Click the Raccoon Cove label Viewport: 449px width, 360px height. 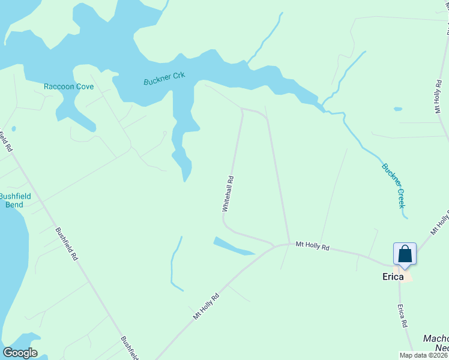tap(68, 86)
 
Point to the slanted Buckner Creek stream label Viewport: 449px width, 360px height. tap(394, 185)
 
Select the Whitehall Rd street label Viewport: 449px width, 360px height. tap(228, 193)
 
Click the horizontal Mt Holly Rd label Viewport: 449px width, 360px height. tap(312, 246)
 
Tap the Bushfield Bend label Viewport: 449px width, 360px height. tap(11, 200)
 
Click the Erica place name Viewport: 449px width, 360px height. tap(396, 277)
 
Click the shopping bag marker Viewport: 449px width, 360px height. tap(405, 253)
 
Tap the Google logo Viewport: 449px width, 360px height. tap(20, 353)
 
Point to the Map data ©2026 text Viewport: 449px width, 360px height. tap(423, 355)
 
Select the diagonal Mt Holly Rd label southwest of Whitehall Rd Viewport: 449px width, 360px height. tap(206, 305)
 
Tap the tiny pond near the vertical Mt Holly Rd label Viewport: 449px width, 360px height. tap(397, 109)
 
